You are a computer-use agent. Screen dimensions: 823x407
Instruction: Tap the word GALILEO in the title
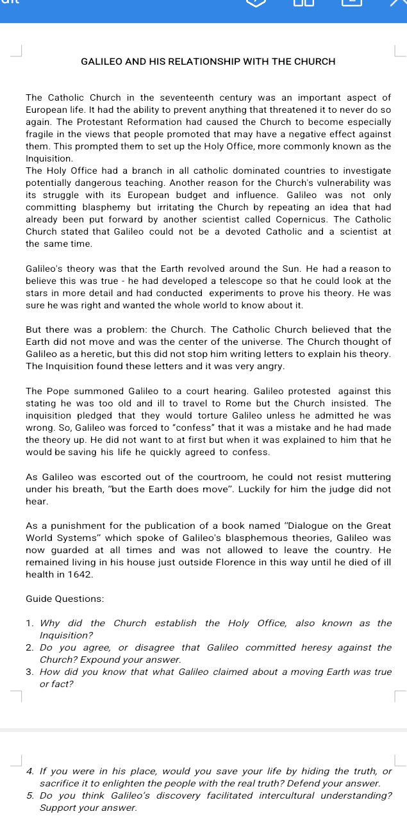point(99,62)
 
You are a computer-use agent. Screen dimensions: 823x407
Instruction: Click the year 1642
point(80,574)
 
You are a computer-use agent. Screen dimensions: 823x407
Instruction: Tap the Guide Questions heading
point(65,598)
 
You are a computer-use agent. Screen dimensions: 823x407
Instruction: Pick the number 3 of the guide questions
point(29,672)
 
